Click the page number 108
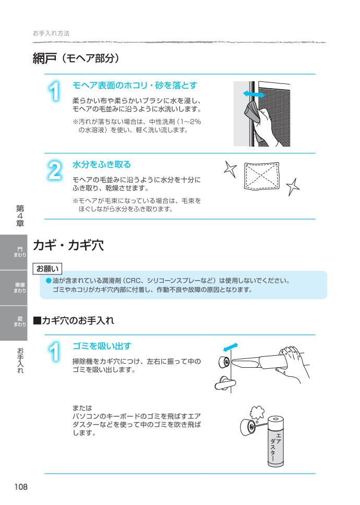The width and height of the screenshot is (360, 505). pyautogui.click(x=21, y=487)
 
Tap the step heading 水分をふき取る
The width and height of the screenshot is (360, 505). pyautogui.click(x=101, y=165)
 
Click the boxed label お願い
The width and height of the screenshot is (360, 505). pyautogui.click(x=47, y=269)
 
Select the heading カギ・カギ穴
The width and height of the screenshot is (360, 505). pyautogui.click(x=68, y=246)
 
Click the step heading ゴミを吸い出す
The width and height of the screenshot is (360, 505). pyautogui.click(x=101, y=346)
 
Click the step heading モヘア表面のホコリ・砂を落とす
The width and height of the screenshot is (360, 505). pyautogui.click(x=134, y=85)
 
